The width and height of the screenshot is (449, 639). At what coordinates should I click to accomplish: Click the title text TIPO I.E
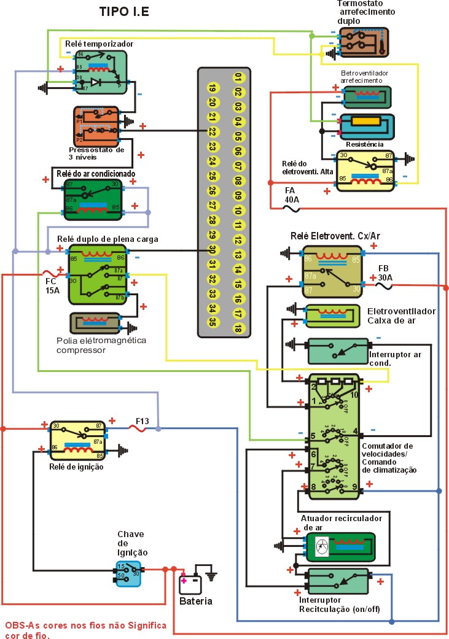coord(124,12)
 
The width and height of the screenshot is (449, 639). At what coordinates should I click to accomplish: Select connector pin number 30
coord(212,250)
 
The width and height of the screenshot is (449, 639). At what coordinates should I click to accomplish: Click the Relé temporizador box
coord(101,72)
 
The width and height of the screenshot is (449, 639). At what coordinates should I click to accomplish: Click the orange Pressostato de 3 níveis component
coord(96,125)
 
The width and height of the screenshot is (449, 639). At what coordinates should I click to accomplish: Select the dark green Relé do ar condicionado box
coord(94,200)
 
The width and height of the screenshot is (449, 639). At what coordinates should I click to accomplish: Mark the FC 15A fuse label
coord(52,285)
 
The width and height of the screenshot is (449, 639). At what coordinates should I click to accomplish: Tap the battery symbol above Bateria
coord(190,582)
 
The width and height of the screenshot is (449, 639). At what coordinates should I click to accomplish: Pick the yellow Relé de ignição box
coord(79,440)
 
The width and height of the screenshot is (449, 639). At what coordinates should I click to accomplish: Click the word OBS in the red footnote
coord(15,625)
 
